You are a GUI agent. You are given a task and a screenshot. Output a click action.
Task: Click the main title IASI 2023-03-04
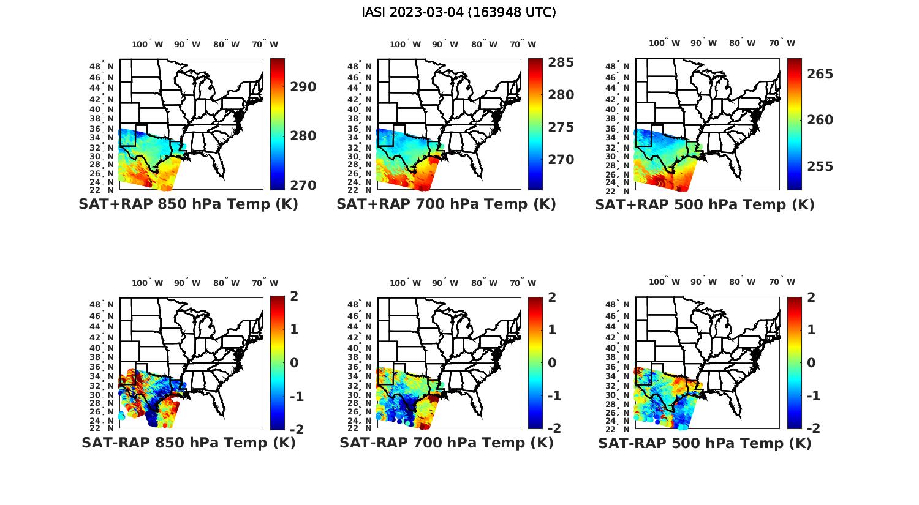[x=459, y=12]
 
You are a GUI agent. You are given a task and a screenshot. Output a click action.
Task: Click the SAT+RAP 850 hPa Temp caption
[x=188, y=204]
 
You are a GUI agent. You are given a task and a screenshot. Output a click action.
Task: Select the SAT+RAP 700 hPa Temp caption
[x=446, y=204]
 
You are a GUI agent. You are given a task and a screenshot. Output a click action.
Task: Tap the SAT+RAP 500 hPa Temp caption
[x=705, y=205]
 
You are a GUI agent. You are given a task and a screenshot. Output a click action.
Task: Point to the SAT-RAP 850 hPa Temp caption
[x=188, y=443]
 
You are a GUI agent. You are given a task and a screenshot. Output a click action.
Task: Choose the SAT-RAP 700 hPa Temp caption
[x=446, y=443]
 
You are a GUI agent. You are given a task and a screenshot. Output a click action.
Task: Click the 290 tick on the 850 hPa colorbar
[x=303, y=87]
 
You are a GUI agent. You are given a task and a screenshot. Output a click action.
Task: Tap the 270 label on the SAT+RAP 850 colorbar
[x=303, y=185]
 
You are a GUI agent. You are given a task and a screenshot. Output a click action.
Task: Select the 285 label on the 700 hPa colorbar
[x=561, y=62]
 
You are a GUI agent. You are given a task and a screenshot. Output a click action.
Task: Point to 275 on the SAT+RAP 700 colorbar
[x=561, y=127]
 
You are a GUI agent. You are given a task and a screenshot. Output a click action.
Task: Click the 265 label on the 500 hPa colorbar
[x=820, y=74]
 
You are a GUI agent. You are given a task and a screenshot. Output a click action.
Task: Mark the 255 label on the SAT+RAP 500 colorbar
[x=820, y=166]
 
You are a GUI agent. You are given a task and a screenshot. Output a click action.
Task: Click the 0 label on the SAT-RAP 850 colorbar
[x=295, y=363]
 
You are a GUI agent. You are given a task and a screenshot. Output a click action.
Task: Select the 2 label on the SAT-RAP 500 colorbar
[x=811, y=297]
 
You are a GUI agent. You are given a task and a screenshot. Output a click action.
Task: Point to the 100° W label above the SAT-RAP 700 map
[x=405, y=283]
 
